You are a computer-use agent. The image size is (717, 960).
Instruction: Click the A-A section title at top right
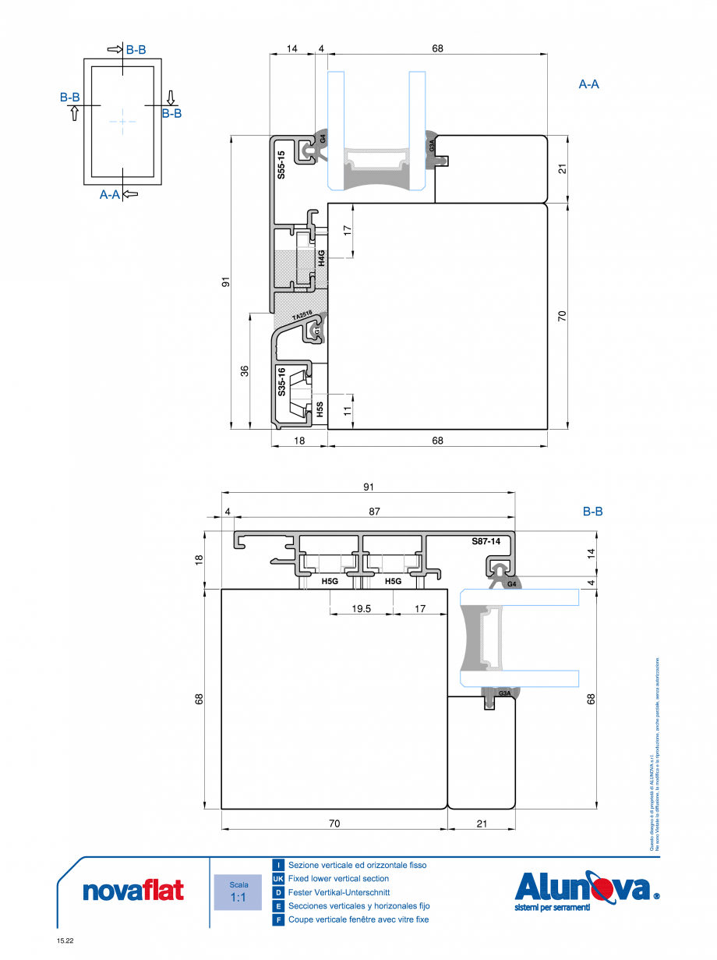588,84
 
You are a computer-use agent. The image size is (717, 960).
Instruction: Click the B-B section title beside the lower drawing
592,512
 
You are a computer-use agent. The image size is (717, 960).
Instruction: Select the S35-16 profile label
281,382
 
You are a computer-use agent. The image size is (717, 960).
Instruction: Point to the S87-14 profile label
485,540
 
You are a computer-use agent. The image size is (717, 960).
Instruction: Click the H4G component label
320,258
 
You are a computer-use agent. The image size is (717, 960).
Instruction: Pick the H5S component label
320,410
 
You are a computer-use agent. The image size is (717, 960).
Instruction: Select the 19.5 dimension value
361,608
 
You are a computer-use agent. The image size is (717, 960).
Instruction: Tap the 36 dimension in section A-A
244,371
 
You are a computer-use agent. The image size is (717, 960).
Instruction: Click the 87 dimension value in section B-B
375,512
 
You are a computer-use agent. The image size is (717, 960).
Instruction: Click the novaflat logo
133,891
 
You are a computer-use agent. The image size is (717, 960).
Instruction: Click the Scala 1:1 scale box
238,892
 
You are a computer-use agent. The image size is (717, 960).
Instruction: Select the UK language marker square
278,879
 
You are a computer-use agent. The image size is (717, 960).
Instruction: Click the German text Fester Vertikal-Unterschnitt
338,892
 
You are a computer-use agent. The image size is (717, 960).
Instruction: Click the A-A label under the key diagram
110,195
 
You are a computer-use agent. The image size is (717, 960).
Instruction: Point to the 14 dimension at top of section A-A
291,48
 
